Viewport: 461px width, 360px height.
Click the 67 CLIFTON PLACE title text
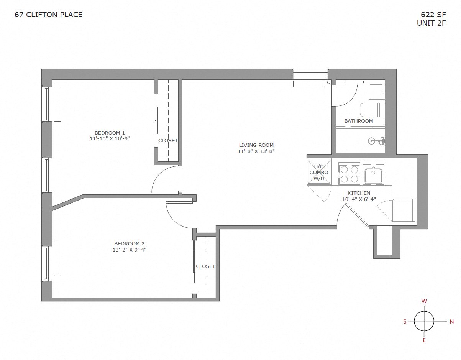click(48, 15)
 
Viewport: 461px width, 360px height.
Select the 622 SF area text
click(433, 15)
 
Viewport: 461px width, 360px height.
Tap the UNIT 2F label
click(431, 23)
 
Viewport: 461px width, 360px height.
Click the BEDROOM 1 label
click(110, 133)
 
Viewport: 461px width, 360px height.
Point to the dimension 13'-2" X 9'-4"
click(129, 250)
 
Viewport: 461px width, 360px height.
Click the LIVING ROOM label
click(256, 145)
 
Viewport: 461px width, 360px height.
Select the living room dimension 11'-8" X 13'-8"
click(256, 151)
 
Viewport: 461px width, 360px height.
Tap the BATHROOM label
click(358, 121)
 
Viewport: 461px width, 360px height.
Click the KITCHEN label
click(359, 193)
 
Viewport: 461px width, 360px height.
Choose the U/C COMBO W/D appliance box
click(319, 172)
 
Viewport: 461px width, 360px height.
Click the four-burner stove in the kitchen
click(349, 174)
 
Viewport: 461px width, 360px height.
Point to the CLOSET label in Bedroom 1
click(168, 140)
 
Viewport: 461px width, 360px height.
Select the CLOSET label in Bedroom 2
click(205, 266)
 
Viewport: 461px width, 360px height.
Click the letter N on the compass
click(452, 322)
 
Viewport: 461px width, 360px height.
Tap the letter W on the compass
click(424, 301)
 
